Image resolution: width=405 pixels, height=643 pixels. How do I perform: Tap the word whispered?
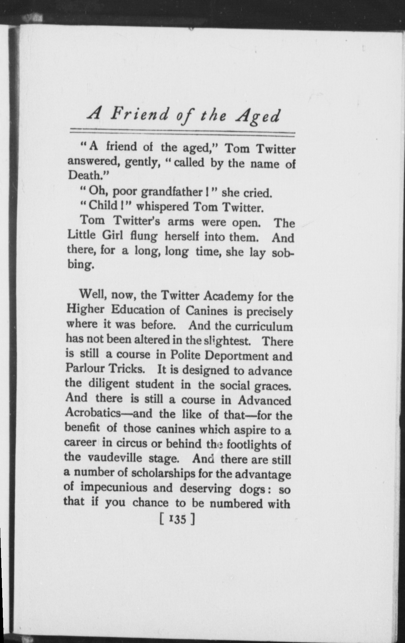click(162, 207)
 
